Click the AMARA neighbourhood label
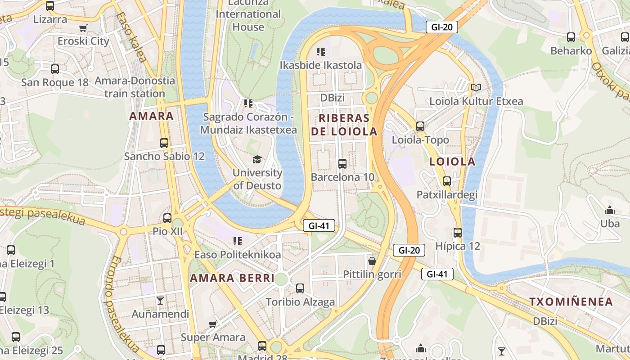pyautogui.click(x=151, y=116)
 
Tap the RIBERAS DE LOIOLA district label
pyautogui.click(x=348, y=125)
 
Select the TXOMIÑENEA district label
pyautogui.click(x=571, y=302)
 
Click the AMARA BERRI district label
pyautogui.click(x=232, y=278)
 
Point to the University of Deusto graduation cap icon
pyautogui.click(x=257, y=159)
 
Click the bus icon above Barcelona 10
pyautogui.click(x=342, y=164)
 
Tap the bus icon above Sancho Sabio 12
pyautogui.click(x=164, y=143)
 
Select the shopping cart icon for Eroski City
pyautogui.click(x=83, y=28)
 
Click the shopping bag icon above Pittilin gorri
pyautogui.click(x=372, y=261)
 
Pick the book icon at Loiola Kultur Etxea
pyautogui.click(x=476, y=88)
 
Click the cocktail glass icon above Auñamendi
pyautogui.click(x=160, y=301)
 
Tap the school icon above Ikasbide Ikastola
pyautogui.click(x=320, y=52)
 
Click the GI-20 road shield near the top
pyautogui.click(x=441, y=27)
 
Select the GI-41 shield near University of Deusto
pyautogui.click(x=319, y=226)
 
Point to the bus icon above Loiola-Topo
pyautogui.click(x=420, y=126)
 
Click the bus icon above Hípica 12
pyautogui.click(x=458, y=233)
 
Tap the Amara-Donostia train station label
pyautogui.click(x=135, y=87)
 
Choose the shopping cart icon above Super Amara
pyautogui.click(x=213, y=324)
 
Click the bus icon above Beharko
pyautogui.click(x=571, y=37)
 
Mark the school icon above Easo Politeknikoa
pyautogui.click(x=237, y=241)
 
